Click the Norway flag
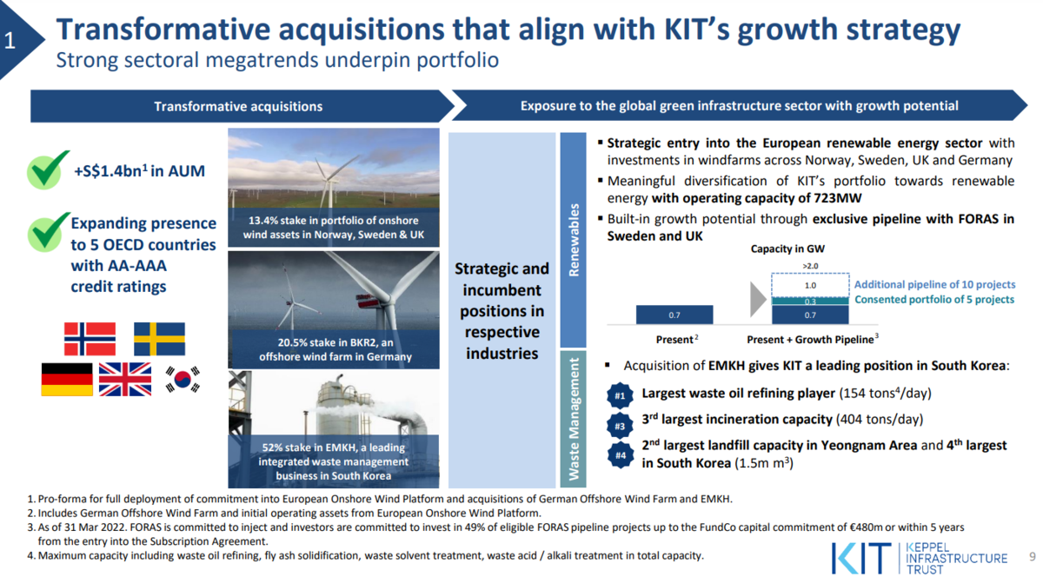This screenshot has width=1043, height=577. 90,339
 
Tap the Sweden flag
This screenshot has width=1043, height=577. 159,339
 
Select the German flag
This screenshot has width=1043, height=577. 67,380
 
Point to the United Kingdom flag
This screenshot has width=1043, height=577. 125,380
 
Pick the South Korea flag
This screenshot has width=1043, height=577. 183,379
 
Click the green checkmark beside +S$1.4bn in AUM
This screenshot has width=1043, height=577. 48,169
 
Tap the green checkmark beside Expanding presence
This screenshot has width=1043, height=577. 48,232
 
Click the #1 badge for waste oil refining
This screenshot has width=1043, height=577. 620,396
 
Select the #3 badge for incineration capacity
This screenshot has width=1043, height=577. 620,426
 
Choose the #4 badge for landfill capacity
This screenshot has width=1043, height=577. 621,455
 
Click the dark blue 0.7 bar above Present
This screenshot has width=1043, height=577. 674,315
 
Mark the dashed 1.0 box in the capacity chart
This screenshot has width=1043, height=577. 810,285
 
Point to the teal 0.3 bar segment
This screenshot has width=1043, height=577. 810,302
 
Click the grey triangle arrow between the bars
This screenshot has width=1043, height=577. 757,300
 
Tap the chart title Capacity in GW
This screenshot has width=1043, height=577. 787,249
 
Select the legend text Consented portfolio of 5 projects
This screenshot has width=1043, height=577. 934,300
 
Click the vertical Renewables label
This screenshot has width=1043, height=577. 574,240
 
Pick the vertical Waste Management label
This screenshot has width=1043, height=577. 574,419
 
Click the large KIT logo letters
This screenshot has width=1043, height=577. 861,558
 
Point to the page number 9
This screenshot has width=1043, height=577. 1033,556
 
